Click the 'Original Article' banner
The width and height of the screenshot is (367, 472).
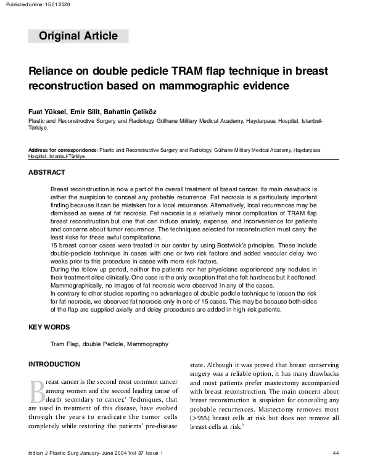click(x=78, y=36)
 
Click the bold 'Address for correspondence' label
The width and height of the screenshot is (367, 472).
click(x=62, y=150)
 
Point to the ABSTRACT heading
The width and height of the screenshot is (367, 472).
click(x=47, y=172)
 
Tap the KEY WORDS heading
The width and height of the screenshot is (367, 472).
click(x=49, y=327)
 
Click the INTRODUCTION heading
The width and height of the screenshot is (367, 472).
click(x=54, y=364)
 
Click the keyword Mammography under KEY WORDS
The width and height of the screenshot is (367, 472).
click(x=147, y=344)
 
